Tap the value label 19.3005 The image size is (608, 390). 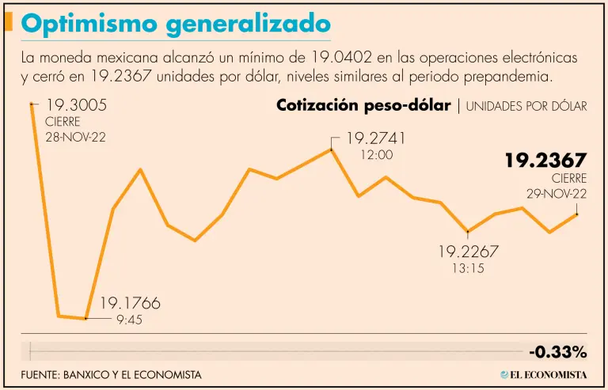coord(76,106)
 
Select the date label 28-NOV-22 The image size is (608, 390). coord(75,137)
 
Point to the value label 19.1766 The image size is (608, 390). coord(129,303)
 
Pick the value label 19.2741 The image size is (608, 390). coord(375,138)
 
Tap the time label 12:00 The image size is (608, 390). coord(376,155)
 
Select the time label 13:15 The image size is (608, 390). coord(468,269)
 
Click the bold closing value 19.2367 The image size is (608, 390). coord(545,161)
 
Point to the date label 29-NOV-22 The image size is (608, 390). coord(557,194)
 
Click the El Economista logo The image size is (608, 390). coord(543,374)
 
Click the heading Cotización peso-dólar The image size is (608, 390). coord(363,106)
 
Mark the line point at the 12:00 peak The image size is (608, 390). coord(332,149)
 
